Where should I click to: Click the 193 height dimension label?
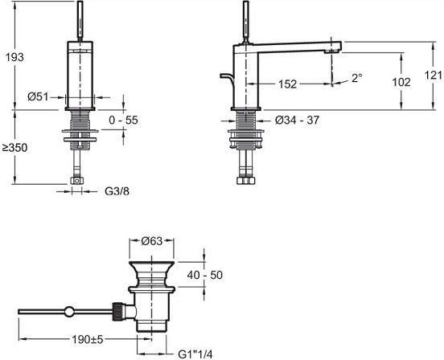pos(15,57)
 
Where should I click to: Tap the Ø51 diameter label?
pos(38,97)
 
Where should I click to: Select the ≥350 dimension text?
pos(14,148)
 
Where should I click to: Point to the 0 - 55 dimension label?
pos(123,120)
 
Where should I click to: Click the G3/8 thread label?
pos(117,191)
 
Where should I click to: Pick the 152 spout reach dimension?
pos(287,84)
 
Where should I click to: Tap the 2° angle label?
pos(357,78)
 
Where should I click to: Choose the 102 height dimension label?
pos(401,82)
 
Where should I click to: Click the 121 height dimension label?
pos(434,76)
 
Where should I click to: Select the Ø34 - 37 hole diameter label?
pos(297,121)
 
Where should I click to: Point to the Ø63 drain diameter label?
pos(152,241)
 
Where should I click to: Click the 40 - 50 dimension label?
pos(205,275)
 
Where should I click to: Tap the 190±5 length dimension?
pos(87,339)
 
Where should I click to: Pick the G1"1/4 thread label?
pos(195,354)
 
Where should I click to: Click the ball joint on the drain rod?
pos(69,312)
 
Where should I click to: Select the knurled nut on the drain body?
pos(117,311)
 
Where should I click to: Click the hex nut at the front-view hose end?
pos(77,181)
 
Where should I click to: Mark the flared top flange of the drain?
pos(151,268)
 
